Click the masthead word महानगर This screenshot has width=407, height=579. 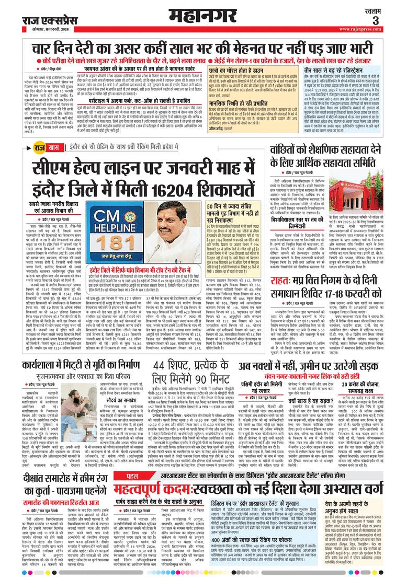203,18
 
